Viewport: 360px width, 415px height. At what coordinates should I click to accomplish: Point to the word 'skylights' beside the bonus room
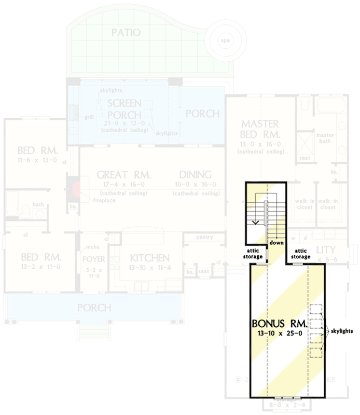click(x=343, y=330)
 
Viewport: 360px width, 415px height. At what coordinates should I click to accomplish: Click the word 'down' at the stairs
click(x=276, y=242)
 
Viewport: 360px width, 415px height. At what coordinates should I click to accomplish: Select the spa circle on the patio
click(x=225, y=40)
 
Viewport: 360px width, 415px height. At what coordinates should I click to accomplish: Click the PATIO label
click(x=126, y=33)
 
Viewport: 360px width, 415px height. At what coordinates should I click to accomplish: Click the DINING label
click(x=195, y=175)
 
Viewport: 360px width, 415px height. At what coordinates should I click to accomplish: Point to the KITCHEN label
click(x=150, y=258)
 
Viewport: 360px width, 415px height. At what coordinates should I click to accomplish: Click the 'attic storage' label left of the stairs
click(x=254, y=253)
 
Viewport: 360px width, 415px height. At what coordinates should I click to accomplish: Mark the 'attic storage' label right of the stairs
click(x=300, y=253)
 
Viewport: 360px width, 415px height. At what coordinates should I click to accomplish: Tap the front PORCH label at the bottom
click(x=94, y=308)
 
